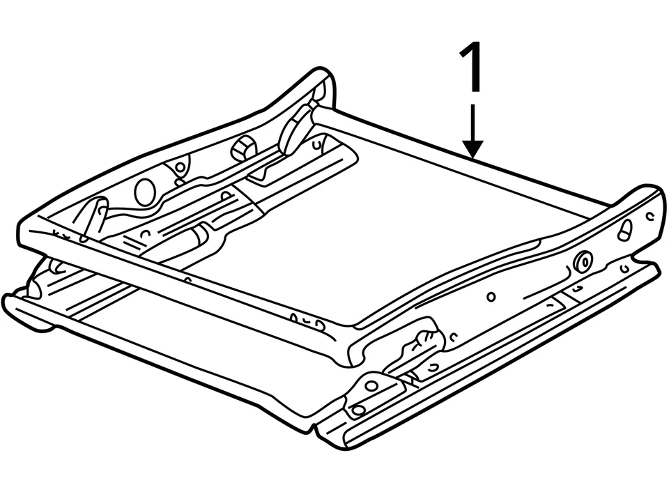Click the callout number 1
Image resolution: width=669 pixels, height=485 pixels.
472,68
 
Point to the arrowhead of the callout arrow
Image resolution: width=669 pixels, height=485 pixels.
472,150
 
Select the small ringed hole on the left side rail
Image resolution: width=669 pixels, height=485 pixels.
180,167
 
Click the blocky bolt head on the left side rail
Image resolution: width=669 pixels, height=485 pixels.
243,148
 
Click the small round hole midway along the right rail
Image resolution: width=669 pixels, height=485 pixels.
491,296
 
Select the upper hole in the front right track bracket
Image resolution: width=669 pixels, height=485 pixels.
371,385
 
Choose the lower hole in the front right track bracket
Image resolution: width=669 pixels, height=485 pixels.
358,410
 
